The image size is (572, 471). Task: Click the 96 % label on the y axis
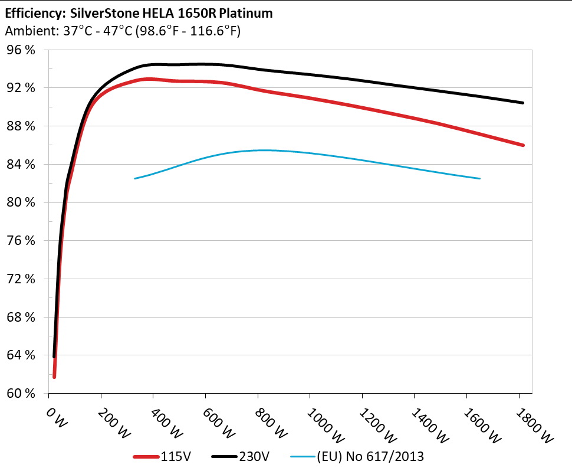(x=21, y=50)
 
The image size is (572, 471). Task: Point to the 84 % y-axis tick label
(x=21, y=165)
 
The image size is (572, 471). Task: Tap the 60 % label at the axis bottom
(x=21, y=394)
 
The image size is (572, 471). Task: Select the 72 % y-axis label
(x=21, y=279)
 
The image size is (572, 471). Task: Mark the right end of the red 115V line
(x=523, y=145)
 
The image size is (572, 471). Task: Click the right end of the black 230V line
(x=523, y=103)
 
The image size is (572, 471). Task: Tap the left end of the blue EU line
(x=134, y=178)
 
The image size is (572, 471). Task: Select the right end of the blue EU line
(x=480, y=178)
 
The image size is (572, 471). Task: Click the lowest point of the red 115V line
(x=54, y=377)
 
